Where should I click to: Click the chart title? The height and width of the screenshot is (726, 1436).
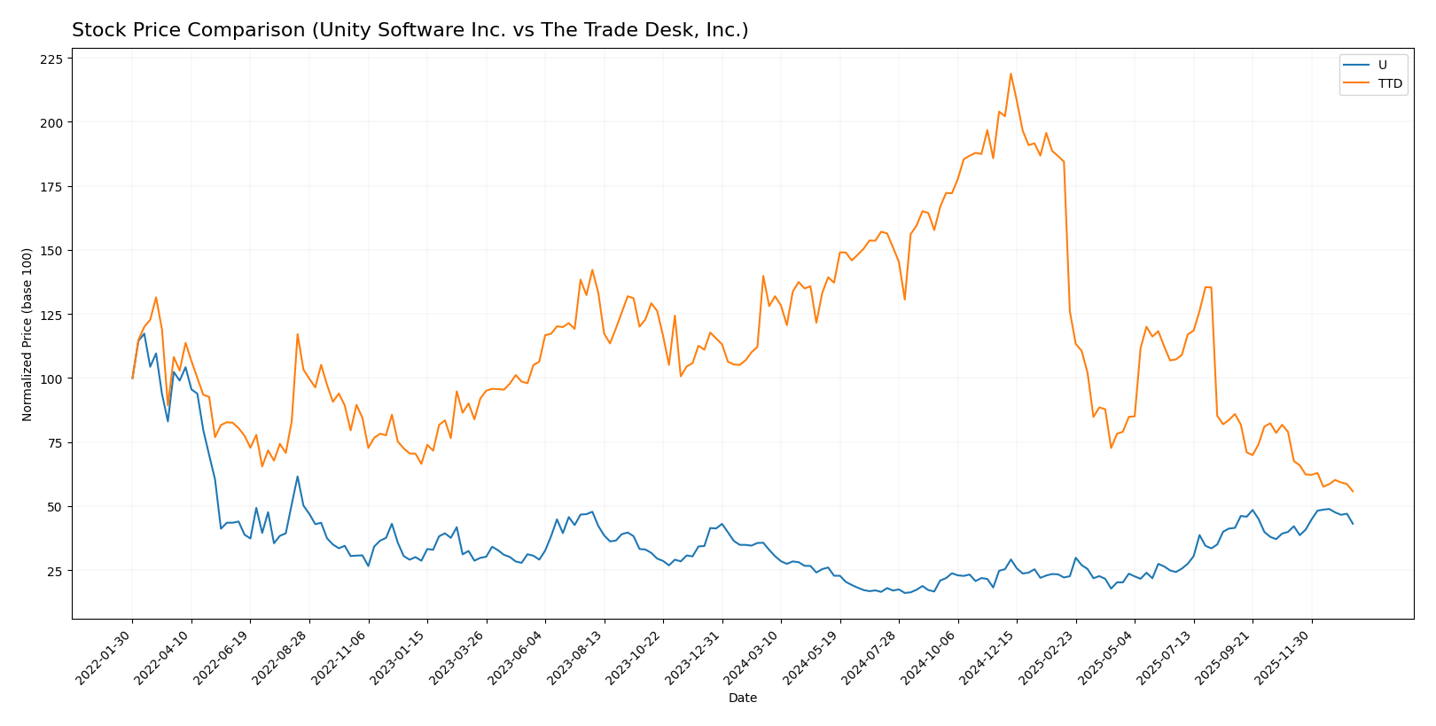410,30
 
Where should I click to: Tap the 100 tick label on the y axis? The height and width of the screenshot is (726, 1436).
52,379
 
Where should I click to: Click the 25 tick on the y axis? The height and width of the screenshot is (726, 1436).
56,571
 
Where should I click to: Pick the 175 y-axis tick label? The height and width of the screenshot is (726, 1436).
52,187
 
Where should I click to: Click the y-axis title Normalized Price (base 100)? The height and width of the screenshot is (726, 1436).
27,334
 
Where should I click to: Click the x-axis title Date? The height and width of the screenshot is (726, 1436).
742,698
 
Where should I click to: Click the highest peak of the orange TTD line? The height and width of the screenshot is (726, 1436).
1011,74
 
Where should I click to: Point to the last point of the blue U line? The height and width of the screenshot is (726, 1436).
1353,524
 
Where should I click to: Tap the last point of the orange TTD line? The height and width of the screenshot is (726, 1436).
1353,491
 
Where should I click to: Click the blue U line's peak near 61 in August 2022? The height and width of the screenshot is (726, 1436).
297,477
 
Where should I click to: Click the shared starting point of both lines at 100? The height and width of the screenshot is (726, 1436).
133,379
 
